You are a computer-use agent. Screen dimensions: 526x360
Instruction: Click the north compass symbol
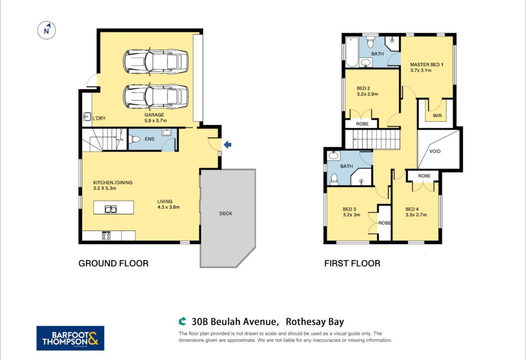pyautogui.click(x=46, y=30)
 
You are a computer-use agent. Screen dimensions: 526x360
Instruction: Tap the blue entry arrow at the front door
pyautogui.click(x=227, y=145)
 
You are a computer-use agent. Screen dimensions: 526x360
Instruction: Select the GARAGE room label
pyautogui.click(x=154, y=115)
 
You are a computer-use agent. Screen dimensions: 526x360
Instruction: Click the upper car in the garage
pyautogui.click(x=156, y=61)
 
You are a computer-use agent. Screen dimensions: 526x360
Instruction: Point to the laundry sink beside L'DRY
pyautogui.click(x=87, y=116)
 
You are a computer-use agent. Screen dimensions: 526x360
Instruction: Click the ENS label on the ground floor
pyautogui.click(x=149, y=139)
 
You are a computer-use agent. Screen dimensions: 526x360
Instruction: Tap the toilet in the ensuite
pyautogui.click(x=136, y=139)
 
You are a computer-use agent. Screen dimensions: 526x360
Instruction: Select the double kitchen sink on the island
pyautogui.click(x=110, y=209)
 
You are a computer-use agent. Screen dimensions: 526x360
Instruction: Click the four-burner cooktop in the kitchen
pyautogui.click(x=106, y=235)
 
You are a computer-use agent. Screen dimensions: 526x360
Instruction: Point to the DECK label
pyautogui.click(x=226, y=214)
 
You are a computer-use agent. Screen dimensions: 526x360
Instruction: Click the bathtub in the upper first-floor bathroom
pyautogui.click(x=352, y=52)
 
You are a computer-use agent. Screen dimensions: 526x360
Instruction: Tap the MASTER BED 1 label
pyautogui.click(x=426, y=64)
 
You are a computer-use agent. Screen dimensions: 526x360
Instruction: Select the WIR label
pyautogui.click(x=437, y=116)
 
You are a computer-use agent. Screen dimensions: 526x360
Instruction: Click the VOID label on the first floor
pyautogui.click(x=435, y=152)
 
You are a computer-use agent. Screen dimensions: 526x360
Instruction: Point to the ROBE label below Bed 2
pyautogui.click(x=363, y=124)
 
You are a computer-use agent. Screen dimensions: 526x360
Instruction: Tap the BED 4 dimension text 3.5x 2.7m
pyautogui.click(x=416, y=215)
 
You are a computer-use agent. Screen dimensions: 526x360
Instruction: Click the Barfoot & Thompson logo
pyautogui.click(x=70, y=338)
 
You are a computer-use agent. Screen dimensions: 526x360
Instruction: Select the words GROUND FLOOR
pyautogui.click(x=114, y=263)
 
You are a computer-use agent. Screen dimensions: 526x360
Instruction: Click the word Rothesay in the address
pyautogui.click(x=305, y=322)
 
